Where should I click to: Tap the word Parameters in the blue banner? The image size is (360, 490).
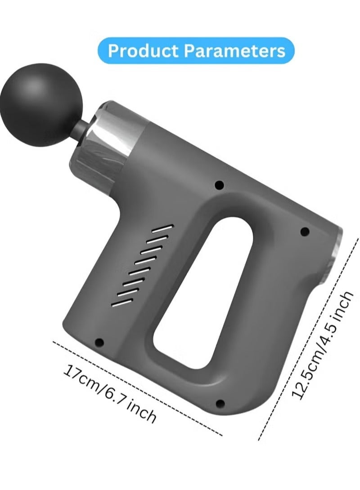coord(234,51)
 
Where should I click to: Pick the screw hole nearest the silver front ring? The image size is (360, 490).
coord(220,185)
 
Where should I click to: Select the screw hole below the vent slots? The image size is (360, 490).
coord(99,342)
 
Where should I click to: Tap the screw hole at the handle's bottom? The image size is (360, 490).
coord(220,403)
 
